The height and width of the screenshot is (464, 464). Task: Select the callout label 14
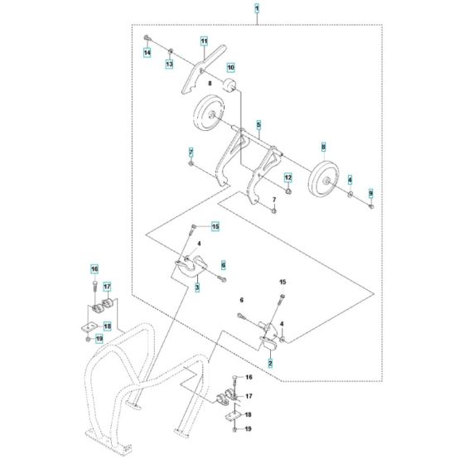coord(147,52)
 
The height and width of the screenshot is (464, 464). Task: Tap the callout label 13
coord(169,64)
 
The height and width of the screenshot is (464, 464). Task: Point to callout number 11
coord(203,41)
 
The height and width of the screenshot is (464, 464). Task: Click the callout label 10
coord(230,66)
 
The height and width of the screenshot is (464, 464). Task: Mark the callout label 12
coord(288,177)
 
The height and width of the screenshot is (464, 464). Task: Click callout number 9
coord(370,191)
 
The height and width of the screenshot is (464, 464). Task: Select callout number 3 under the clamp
coord(197,288)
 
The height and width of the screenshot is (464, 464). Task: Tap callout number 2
coord(270,363)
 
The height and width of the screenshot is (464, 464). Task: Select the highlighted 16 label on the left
coord(94,269)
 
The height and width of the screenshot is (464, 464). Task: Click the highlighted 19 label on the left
coord(99,338)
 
